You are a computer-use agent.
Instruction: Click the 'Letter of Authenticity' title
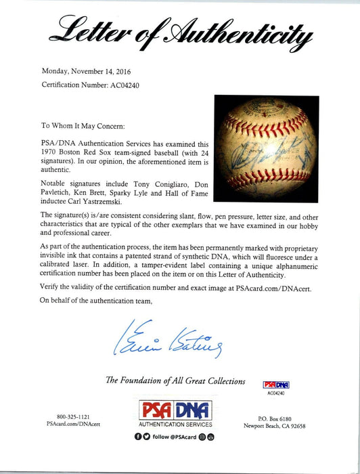pyautogui.click(x=179, y=30)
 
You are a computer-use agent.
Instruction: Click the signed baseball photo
pyautogui.click(x=266, y=149)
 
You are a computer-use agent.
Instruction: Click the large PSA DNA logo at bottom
pyautogui.click(x=177, y=410)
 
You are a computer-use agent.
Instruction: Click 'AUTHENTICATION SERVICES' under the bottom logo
pyautogui.click(x=177, y=425)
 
